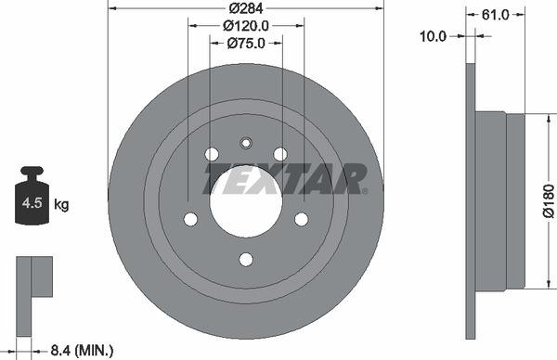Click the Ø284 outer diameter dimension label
coord(246,8)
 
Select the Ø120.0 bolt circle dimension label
coord(246,26)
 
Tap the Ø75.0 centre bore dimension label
coord(246,44)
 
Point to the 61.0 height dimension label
coord(495,15)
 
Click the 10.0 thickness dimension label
coord(433,36)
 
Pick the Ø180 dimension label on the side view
coord(549,200)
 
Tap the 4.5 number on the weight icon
coord(32,203)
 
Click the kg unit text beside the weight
coord(61,205)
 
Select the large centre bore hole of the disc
coord(246,201)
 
